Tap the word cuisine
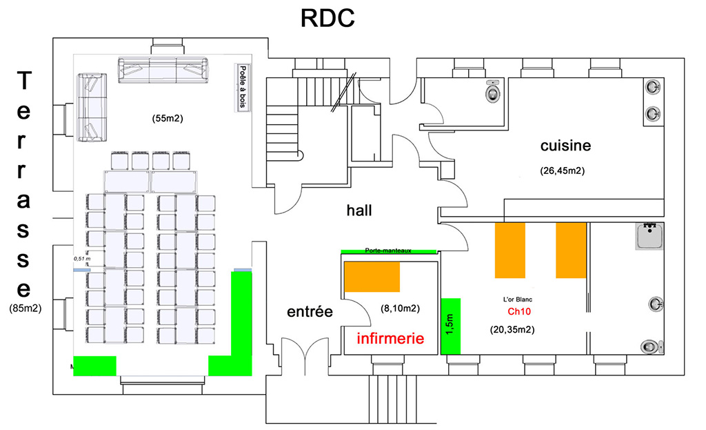(565, 146)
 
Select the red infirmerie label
(390, 339)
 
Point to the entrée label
(310, 312)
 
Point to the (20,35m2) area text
(513, 330)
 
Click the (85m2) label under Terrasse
(26, 309)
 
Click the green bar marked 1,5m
(450, 326)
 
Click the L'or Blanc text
(517, 300)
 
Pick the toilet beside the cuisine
(492, 90)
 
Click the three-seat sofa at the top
(163, 70)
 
